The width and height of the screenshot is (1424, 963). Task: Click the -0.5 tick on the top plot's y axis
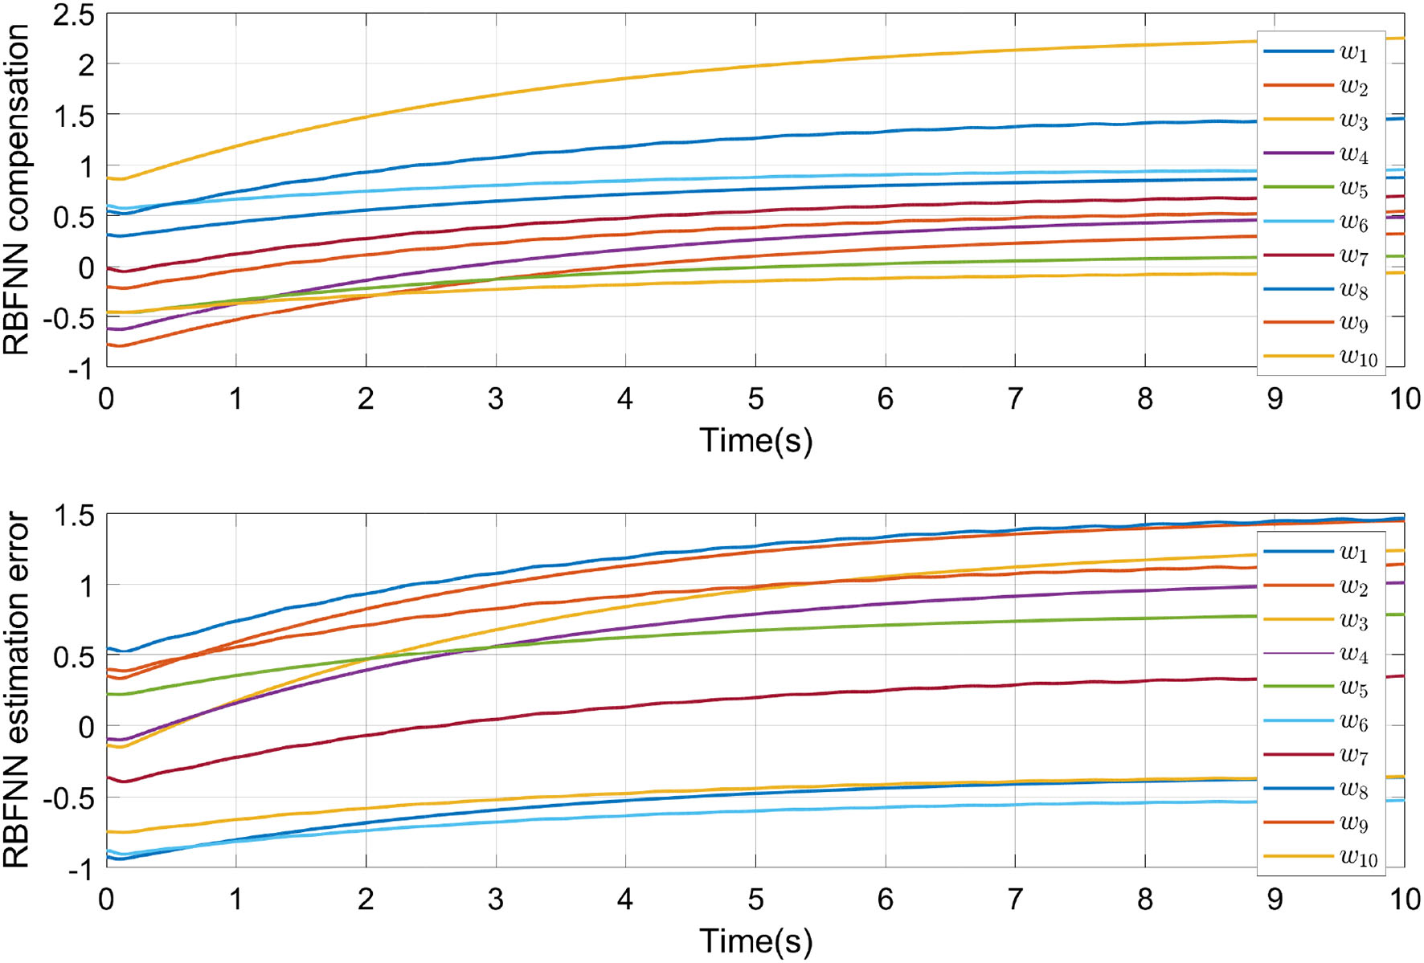click(x=68, y=318)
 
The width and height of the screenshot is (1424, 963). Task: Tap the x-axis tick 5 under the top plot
click(x=755, y=398)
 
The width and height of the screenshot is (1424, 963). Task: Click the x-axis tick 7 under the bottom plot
click(x=1015, y=899)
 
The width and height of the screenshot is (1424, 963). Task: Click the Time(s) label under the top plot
click(x=755, y=440)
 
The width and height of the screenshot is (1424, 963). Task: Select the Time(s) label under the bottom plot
click(x=755, y=941)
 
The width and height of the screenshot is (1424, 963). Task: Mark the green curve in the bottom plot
click(x=884, y=625)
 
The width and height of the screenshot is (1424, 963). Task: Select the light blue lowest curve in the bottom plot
click(x=884, y=806)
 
